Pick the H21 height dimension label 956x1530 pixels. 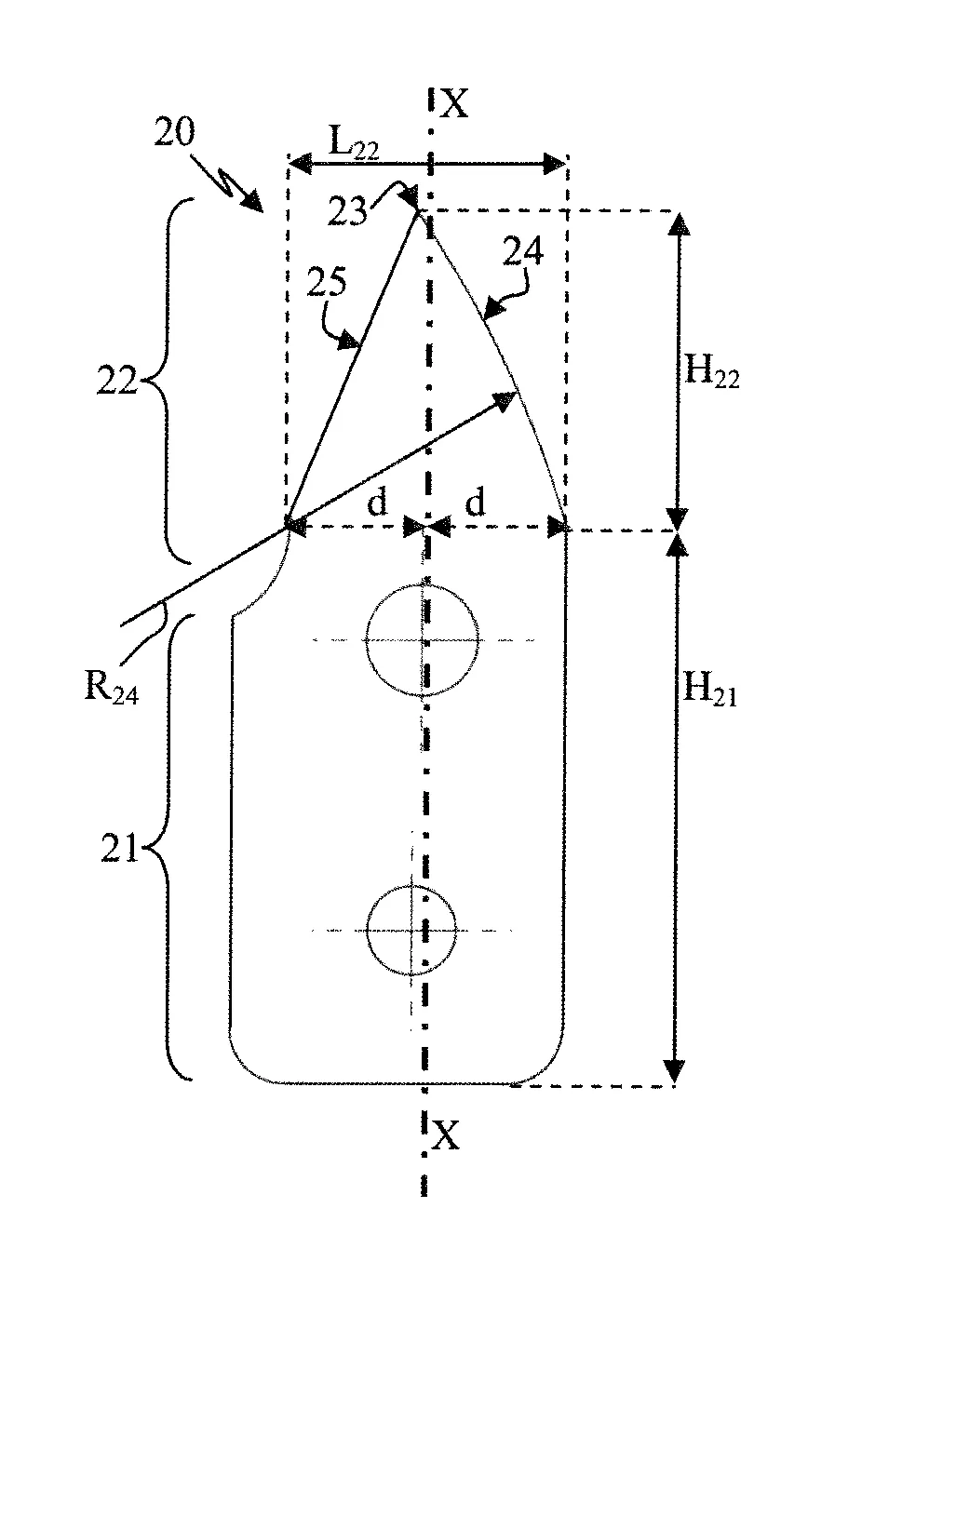[x=710, y=691]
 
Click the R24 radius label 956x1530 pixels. [x=111, y=688]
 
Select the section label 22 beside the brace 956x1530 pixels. [x=117, y=381]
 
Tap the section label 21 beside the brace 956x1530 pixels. [x=119, y=849]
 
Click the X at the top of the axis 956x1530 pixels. [x=454, y=104]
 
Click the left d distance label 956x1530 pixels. [x=377, y=503]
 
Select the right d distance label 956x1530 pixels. [x=475, y=503]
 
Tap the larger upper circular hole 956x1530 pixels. [x=424, y=639]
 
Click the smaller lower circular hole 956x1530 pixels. [x=411, y=930]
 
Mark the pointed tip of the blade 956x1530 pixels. [x=417, y=210]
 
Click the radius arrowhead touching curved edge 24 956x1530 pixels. [x=508, y=398]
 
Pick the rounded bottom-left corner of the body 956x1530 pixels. [x=244, y=1065]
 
